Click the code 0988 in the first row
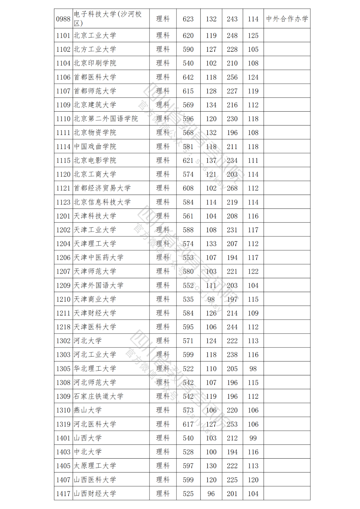pyautogui.click(x=63, y=19)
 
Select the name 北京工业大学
pyautogui.click(x=95, y=35)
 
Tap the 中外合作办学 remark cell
pyautogui.click(x=287, y=19)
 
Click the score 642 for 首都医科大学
pyautogui.click(x=188, y=77)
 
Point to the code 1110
pyautogui.click(x=63, y=119)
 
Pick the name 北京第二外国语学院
pyautogui.click(x=106, y=119)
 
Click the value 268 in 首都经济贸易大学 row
pyautogui.click(x=232, y=188)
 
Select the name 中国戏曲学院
pyautogui.click(x=95, y=147)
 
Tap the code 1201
pyautogui.click(x=63, y=216)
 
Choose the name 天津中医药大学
pyautogui.click(x=98, y=258)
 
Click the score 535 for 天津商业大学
pyautogui.click(x=188, y=299)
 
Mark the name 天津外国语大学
pyautogui.click(x=98, y=285)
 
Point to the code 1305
pyautogui.click(x=63, y=369)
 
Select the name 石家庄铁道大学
pyautogui.click(x=98, y=397)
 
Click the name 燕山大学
pyautogui.click(x=87, y=410)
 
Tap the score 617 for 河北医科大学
pyautogui.click(x=188, y=424)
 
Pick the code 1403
pyautogui.click(x=63, y=452)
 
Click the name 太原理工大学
pyautogui.click(x=95, y=466)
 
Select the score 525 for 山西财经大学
pyautogui.click(x=188, y=494)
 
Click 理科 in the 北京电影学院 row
pyautogui.click(x=163, y=161)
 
